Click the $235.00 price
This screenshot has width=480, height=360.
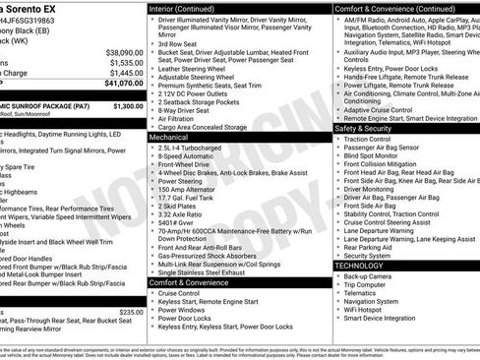131,312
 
